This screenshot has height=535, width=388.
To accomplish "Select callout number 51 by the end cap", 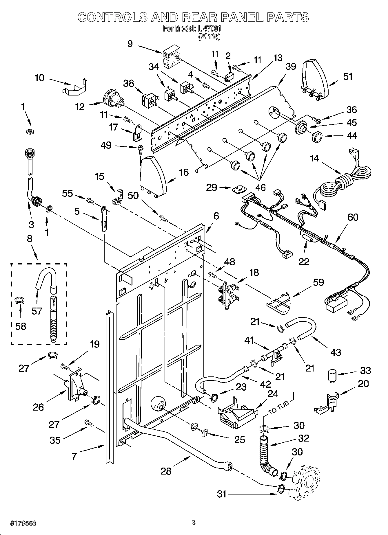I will click(x=348, y=76).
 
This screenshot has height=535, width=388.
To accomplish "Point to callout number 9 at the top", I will click(x=130, y=44).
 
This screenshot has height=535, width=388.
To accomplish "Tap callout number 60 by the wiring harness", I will click(x=352, y=217).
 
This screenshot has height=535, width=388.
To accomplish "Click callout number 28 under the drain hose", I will click(x=166, y=471).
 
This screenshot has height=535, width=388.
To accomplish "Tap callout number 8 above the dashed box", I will click(x=30, y=239).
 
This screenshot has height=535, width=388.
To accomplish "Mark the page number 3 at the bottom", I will click(x=194, y=522).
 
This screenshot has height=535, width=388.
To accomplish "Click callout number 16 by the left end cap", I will click(x=183, y=172).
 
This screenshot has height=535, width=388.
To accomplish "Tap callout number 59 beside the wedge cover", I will click(x=318, y=282).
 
